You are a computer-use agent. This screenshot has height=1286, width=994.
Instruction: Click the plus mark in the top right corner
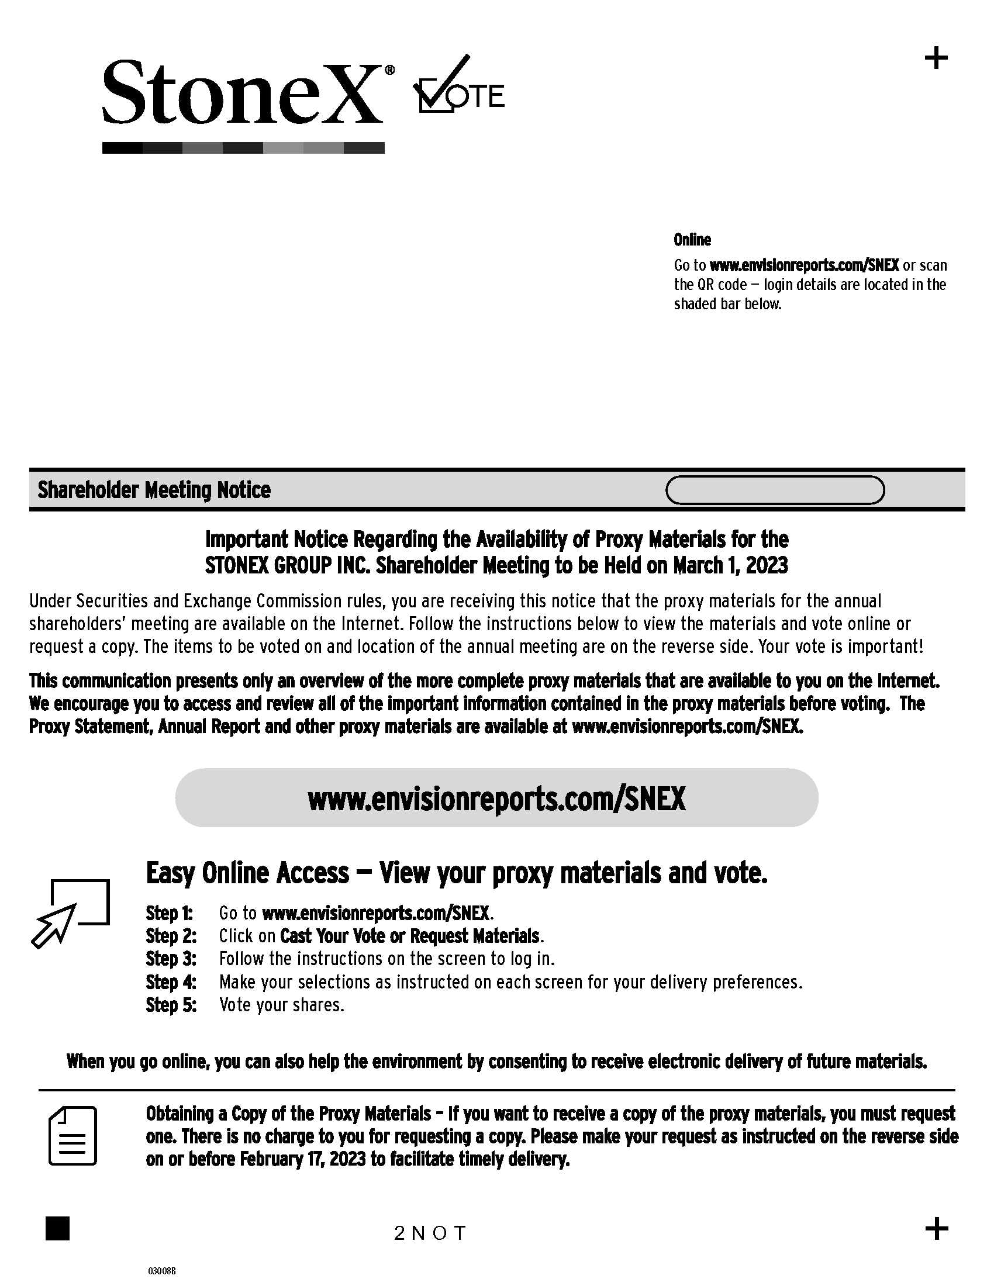pyautogui.click(x=936, y=58)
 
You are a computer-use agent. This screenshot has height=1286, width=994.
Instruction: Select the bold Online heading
pyautogui.click(x=692, y=240)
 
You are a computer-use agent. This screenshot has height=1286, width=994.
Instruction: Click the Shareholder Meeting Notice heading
pyautogui.click(x=154, y=490)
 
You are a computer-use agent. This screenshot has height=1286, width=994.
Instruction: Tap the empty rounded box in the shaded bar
pyautogui.click(x=774, y=490)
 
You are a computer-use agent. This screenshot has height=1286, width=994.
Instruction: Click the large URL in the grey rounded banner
pyautogui.click(x=496, y=799)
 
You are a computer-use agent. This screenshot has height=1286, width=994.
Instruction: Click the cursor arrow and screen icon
pyautogui.click(x=71, y=912)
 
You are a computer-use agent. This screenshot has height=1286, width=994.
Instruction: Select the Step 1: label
pyautogui.click(x=169, y=913)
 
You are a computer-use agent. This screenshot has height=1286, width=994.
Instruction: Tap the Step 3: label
pyautogui.click(x=171, y=959)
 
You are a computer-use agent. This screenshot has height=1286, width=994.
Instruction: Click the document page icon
pyautogui.click(x=73, y=1135)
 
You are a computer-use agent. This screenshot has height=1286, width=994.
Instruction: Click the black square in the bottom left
pyautogui.click(x=57, y=1228)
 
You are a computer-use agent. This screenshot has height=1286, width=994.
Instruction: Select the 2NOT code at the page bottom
pyautogui.click(x=430, y=1233)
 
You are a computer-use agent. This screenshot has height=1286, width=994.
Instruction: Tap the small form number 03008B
pyautogui.click(x=161, y=1271)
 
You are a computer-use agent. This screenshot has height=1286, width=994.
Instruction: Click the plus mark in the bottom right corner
pyautogui.click(x=936, y=1228)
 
